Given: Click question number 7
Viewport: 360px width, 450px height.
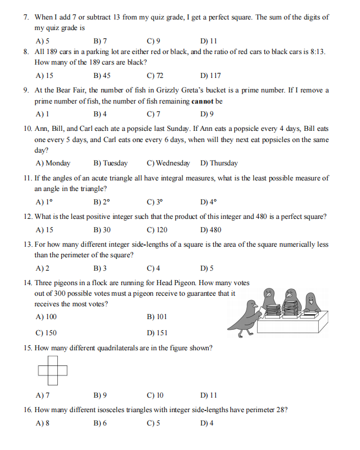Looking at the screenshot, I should point(26,17).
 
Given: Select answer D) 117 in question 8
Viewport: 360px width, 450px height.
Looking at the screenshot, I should point(210,75).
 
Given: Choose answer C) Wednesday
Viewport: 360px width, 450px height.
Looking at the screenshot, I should point(168,163).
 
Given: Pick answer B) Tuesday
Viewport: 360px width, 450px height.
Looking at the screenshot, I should point(111,163).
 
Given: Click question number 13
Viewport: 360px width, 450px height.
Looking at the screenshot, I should point(27,244).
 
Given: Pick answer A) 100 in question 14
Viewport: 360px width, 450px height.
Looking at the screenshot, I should point(46,317).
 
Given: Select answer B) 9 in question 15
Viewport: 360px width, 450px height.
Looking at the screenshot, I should point(100,395).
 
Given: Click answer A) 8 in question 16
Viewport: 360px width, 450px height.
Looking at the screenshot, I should point(42,423).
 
